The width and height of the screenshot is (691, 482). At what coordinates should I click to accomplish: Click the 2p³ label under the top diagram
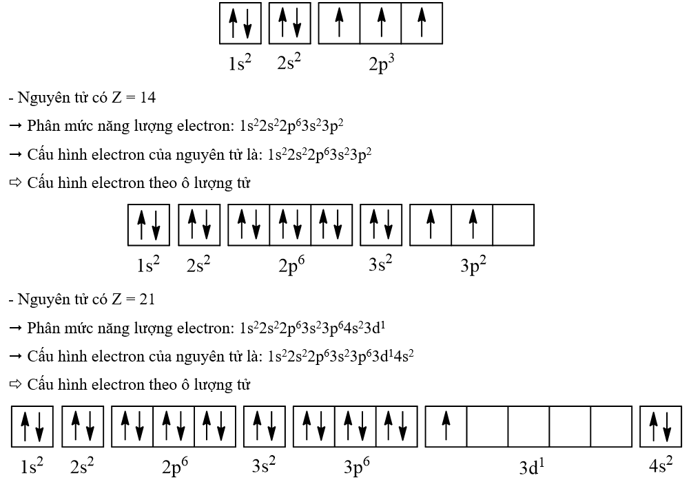381,63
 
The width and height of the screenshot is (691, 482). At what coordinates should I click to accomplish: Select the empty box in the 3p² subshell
513,225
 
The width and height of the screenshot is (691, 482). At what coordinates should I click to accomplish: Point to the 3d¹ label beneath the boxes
531,467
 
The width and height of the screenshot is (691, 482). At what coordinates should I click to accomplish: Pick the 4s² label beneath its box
660,465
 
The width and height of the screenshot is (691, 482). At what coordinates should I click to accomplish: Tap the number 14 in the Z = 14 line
147,98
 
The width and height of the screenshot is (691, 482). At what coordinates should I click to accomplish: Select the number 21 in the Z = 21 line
147,300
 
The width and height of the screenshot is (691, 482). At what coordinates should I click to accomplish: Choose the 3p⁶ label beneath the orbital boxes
356,466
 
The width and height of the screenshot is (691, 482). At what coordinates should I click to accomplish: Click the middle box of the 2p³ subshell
380,23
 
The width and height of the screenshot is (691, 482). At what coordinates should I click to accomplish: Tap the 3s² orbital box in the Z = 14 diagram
381,225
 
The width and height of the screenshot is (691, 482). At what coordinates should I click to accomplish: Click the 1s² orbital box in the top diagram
240,23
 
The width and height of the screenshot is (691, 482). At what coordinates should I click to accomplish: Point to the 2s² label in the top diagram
289,63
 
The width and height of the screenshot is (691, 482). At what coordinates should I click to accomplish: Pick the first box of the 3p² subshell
431,225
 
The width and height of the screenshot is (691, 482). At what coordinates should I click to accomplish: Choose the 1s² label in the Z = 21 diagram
32,466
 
